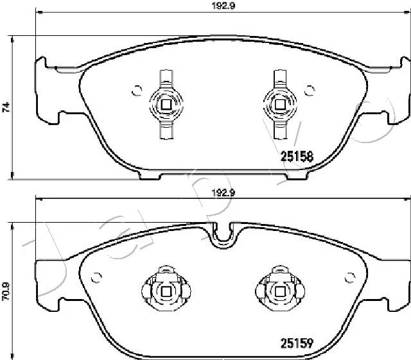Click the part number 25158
[297, 157]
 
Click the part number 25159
[297, 343]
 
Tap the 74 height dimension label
[6, 107]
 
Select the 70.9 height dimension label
[6, 291]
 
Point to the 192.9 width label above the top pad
[223, 6]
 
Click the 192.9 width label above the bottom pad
[223, 193]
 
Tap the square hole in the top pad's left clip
[166, 105]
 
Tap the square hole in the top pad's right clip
[280, 105]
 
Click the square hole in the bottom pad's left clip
[166, 291]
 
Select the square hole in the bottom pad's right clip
[280, 291]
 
